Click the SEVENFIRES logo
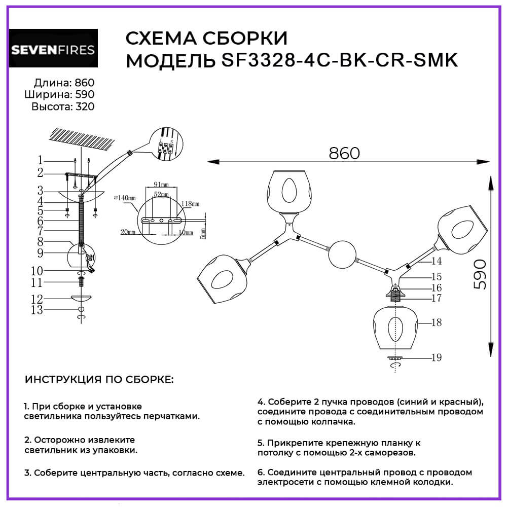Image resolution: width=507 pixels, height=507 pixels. point(53,50)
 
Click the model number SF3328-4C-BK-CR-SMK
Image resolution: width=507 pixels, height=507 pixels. point(340,60)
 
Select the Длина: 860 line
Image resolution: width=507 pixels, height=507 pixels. point(64,83)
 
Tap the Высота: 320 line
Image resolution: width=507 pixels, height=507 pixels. point(63,106)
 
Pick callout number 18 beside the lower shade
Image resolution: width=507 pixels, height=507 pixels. point(436,322)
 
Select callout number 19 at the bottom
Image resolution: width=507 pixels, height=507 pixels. point(436,358)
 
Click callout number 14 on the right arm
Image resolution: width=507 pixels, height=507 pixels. point(437,261)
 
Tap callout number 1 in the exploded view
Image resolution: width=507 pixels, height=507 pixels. point(40,160)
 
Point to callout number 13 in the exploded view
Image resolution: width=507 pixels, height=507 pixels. point(37,310)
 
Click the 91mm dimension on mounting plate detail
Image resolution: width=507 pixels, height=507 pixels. point(161,185)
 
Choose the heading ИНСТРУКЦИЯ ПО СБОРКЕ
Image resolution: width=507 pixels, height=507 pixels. point(98,380)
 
